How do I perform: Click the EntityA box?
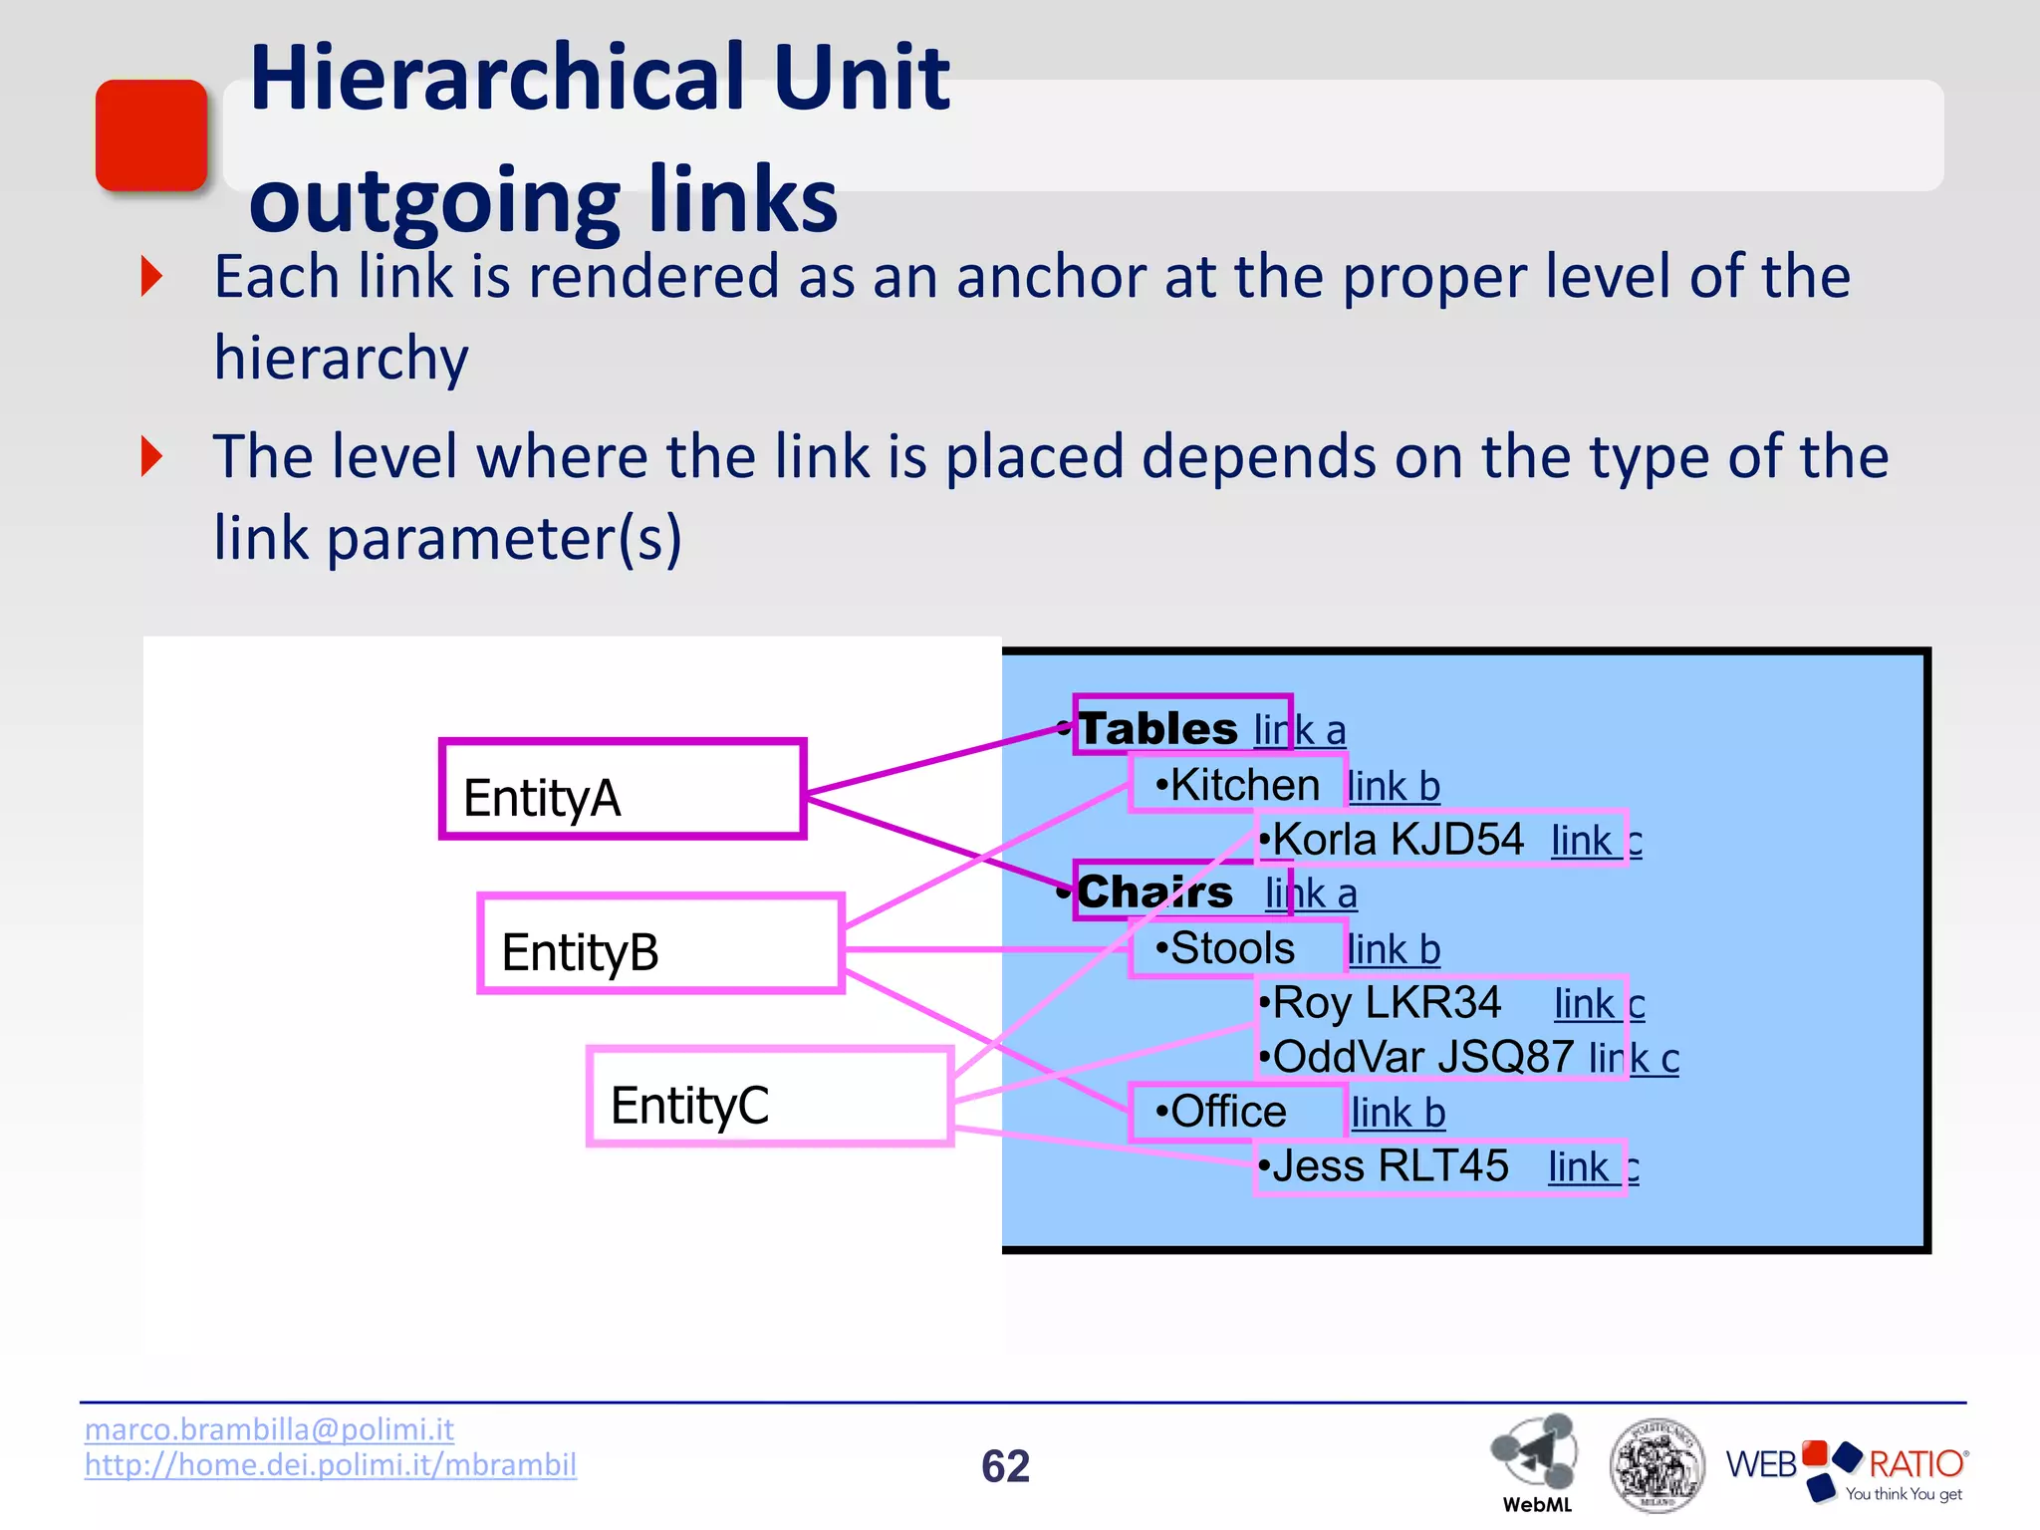tap(622, 789)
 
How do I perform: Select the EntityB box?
tap(660, 943)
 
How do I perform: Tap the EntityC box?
tap(770, 1097)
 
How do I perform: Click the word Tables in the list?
tap(1158, 728)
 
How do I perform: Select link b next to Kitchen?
tap(1394, 787)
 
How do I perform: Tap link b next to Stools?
tap(1394, 950)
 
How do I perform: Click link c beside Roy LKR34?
tap(1599, 1004)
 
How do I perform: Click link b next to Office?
tap(1398, 1113)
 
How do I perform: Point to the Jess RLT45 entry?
tap(1391, 1166)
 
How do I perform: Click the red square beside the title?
tap(151, 135)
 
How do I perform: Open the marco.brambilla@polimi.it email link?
tap(269, 1429)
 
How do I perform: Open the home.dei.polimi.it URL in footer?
tap(331, 1465)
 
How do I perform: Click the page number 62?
tap(1005, 1466)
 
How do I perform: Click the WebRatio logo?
tap(1846, 1468)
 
